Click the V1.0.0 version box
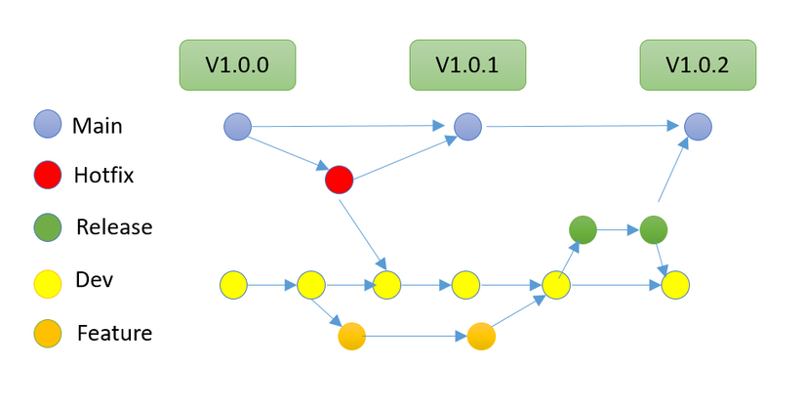point(237,65)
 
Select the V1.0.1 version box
point(467,65)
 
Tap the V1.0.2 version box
point(698,65)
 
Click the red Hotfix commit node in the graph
point(339,180)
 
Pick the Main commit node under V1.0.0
point(237,126)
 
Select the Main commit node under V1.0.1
point(468,126)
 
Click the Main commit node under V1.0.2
point(698,126)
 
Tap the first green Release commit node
point(583,230)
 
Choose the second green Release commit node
point(654,230)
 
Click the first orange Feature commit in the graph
point(351,337)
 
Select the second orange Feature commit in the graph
point(481,337)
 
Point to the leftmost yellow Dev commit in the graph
point(233,286)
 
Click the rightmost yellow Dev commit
point(675,286)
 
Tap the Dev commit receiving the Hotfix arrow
point(387,286)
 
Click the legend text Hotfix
point(103,176)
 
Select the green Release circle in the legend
point(48,227)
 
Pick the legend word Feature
point(114,334)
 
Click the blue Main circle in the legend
point(48,125)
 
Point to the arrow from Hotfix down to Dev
point(362,231)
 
